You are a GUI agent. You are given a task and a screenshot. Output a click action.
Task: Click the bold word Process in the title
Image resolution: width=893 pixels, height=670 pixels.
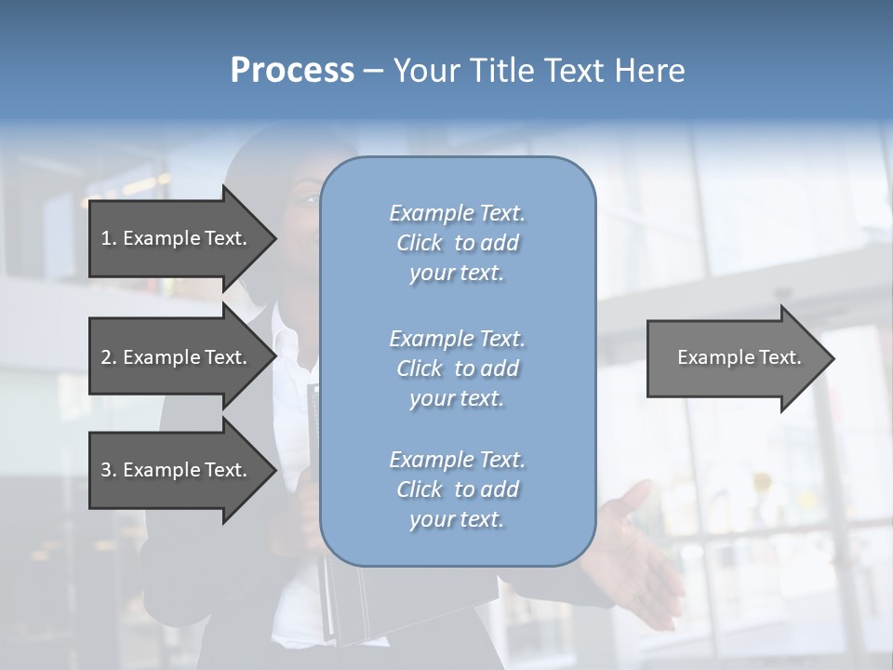pyautogui.click(x=292, y=71)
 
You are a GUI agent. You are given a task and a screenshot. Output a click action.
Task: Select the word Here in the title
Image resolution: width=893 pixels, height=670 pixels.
pyautogui.click(x=650, y=71)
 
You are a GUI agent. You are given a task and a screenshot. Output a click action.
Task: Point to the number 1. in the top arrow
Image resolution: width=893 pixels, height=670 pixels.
pyautogui.click(x=109, y=239)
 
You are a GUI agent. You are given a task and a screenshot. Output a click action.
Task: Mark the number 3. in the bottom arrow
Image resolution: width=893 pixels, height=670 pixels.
pyautogui.click(x=109, y=471)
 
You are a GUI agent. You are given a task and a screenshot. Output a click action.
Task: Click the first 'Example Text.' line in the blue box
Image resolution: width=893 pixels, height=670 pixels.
pyautogui.click(x=457, y=214)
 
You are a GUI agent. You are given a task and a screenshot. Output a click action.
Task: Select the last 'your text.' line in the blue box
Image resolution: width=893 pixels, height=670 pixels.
pyautogui.click(x=457, y=519)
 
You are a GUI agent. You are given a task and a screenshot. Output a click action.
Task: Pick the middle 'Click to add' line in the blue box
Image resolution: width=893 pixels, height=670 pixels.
pyautogui.click(x=457, y=368)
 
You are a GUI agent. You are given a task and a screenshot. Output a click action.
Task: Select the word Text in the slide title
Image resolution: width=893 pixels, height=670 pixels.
pyautogui.click(x=574, y=71)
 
